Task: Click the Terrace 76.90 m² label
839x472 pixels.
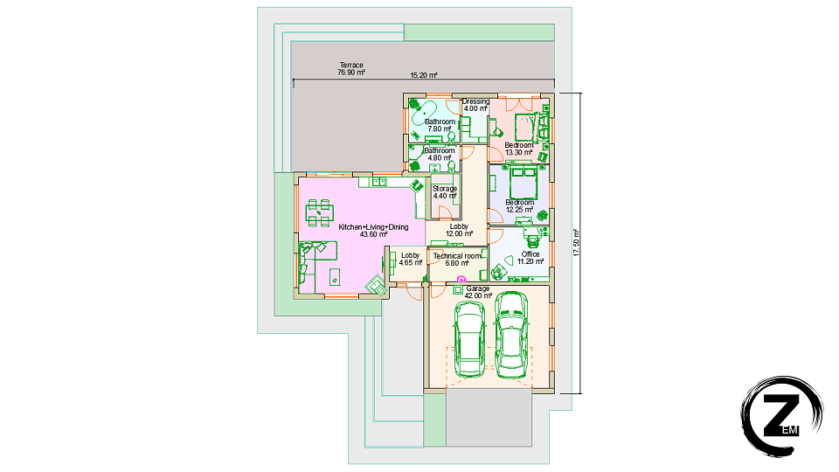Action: (351, 68)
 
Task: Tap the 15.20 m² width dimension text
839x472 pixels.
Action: (424, 75)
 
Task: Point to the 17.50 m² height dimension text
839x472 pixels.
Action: (576, 242)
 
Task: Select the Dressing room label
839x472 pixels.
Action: (475, 105)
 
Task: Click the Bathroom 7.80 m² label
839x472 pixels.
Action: (440, 125)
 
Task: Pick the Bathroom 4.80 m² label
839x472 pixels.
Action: (440, 154)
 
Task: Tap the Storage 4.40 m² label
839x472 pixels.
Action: (445, 192)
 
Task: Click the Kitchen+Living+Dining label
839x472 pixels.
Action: (373, 231)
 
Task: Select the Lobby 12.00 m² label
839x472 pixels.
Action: (459, 230)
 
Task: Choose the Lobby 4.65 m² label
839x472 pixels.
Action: (411, 259)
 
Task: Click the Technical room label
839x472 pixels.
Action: (457, 260)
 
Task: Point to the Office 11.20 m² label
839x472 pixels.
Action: (530, 258)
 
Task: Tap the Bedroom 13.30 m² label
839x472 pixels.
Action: (519, 149)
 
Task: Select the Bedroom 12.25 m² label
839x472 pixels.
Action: (519, 206)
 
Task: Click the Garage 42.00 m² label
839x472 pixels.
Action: (478, 292)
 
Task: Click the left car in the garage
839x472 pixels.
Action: (469, 339)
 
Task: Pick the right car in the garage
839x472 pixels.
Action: (511, 335)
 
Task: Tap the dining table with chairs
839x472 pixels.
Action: (320, 212)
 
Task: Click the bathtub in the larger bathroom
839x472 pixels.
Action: (422, 112)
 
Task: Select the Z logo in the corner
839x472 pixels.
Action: (781, 416)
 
